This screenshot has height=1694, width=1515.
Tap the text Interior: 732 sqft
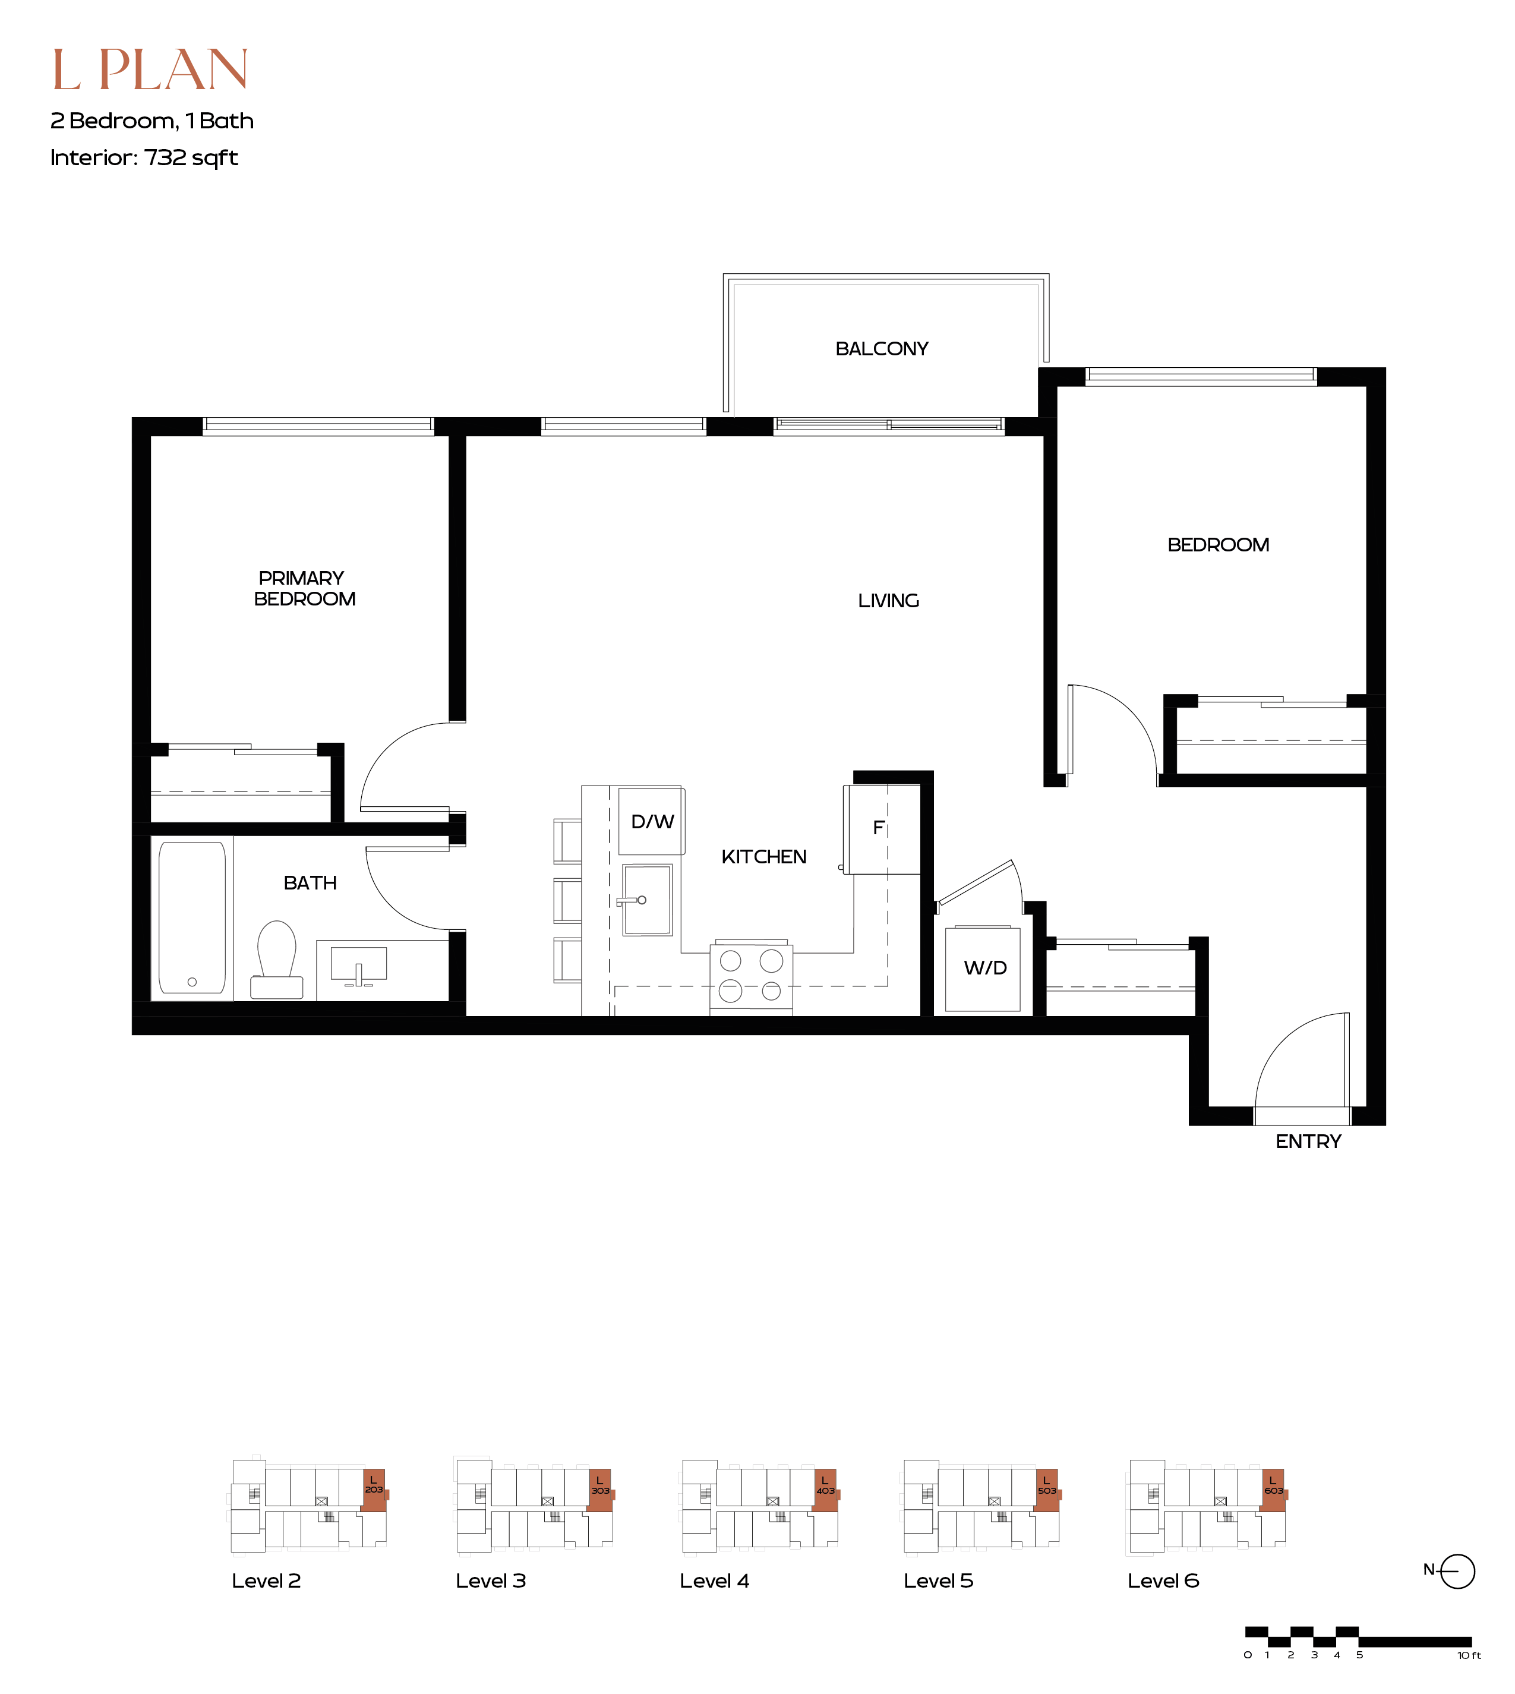tap(144, 157)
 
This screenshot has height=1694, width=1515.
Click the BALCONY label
tap(882, 349)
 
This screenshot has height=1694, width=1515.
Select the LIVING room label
tap(888, 601)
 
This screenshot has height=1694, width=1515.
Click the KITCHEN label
tap(763, 857)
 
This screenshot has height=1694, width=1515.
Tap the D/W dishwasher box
tap(652, 821)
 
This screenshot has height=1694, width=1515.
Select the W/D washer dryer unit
tap(983, 969)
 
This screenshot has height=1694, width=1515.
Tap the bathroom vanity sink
tap(359, 966)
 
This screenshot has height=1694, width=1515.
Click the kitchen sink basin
tap(648, 900)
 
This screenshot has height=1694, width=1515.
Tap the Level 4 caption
tap(714, 1581)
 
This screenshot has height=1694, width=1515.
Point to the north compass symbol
tap(1457, 1572)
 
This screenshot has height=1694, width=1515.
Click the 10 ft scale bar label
tap(1469, 1655)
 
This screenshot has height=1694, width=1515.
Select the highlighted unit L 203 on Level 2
tap(374, 1490)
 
